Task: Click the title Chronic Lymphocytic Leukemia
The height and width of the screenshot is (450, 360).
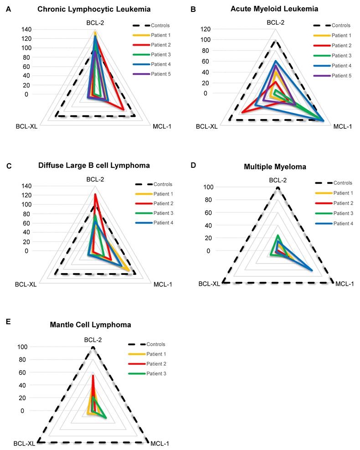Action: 94,9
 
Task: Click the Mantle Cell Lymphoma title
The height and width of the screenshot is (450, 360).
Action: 91,325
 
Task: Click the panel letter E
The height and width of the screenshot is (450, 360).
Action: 9,321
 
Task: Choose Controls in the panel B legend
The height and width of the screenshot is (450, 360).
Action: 340,26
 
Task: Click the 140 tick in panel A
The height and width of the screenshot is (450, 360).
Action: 26,30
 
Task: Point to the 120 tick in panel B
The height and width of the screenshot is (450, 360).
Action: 207,29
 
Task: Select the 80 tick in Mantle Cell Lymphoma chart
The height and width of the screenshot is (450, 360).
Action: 22,360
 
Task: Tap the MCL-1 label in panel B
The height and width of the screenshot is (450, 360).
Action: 343,126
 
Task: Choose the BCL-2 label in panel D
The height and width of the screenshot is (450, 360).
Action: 278,180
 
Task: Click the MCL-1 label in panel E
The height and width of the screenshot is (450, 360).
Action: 159,443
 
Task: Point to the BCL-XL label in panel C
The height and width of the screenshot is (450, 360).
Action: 26,284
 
